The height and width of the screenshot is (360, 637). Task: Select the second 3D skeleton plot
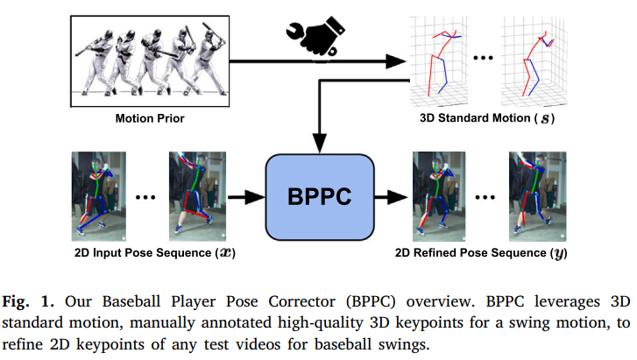[534, 61]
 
